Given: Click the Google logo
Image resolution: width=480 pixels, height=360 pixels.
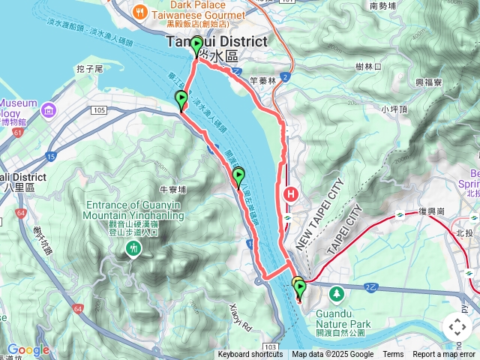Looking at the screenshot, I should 28,349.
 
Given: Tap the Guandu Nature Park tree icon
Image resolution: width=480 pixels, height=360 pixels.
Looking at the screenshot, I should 337,291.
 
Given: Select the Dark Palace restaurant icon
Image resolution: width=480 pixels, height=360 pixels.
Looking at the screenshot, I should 139,12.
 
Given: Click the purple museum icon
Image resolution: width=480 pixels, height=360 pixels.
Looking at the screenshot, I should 49,112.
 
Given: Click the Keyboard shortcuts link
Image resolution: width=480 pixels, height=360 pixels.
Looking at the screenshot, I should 250,355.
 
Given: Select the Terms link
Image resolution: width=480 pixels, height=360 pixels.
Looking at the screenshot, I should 393,355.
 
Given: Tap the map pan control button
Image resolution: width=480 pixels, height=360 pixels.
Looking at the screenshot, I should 457,327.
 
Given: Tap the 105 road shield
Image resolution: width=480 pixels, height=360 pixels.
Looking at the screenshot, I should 99,110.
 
